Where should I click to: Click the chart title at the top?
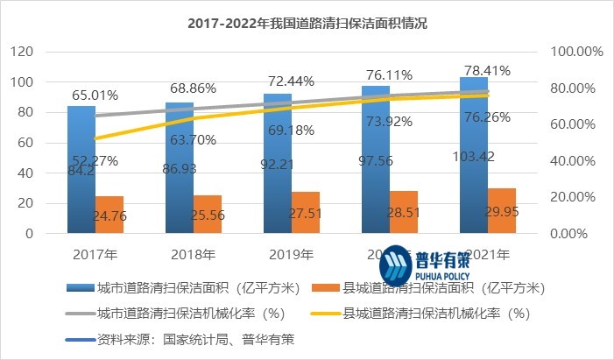click(x=307, y=23)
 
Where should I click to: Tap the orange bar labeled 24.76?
click(x=109, y=215)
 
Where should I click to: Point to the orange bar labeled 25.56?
click(x=207, y=215)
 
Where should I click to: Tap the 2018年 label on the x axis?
click(x=193, y=255)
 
